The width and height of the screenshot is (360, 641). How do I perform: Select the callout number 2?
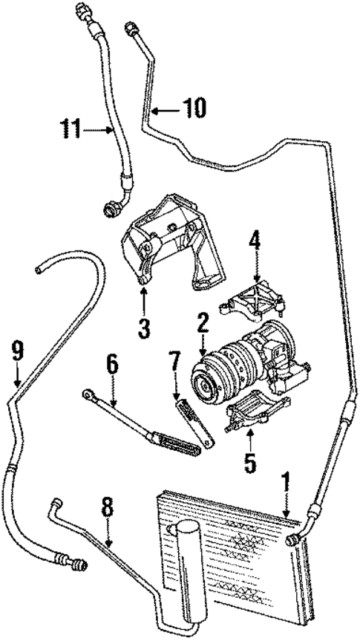tap(201, 324)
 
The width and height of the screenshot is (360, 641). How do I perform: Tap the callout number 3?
tap(144, 325)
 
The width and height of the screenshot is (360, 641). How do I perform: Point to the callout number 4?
tap(255, 241)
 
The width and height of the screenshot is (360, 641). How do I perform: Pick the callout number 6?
tap(113, 365)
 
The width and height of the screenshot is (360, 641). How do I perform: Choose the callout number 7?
tap(175, 365)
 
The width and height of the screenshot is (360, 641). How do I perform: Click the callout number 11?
tap(71, 131)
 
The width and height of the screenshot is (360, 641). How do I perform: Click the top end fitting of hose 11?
tap(81, 12)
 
